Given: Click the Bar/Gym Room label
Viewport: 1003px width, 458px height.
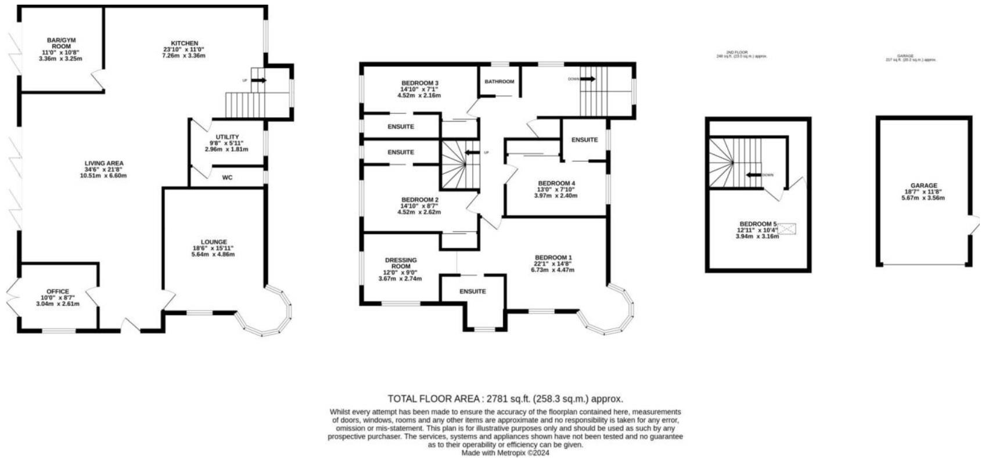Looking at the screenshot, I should (62, 43).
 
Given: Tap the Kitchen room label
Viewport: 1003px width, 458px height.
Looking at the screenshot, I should (184, 44).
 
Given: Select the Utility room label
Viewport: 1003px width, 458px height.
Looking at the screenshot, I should (227, 137).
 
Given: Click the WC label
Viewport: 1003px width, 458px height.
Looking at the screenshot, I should (227, 178).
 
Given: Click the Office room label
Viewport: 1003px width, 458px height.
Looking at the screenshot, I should (57, 291).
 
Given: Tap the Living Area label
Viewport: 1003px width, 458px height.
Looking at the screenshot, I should (104, 163).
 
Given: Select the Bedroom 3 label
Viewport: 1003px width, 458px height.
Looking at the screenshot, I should (419, 83).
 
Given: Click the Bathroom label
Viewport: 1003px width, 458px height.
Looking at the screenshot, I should (499, 82).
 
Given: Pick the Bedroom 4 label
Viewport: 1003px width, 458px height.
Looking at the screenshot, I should (556, 183).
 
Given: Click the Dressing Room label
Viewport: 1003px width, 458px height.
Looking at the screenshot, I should (401, 263).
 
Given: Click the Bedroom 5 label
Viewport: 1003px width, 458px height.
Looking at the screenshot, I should (757, 224).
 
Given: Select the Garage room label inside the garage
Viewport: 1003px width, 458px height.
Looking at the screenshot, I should (923, 186).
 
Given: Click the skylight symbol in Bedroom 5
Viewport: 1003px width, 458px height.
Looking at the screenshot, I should (787, 229).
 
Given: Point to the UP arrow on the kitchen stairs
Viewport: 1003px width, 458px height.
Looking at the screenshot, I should (259, 80).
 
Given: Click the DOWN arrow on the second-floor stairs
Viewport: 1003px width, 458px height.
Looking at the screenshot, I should (754, 175).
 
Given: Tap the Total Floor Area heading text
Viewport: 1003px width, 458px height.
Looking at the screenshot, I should (505, 399).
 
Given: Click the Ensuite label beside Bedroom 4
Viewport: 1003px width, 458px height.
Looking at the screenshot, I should (584, 140).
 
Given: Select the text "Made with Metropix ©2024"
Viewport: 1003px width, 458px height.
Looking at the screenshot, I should (505, 453).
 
